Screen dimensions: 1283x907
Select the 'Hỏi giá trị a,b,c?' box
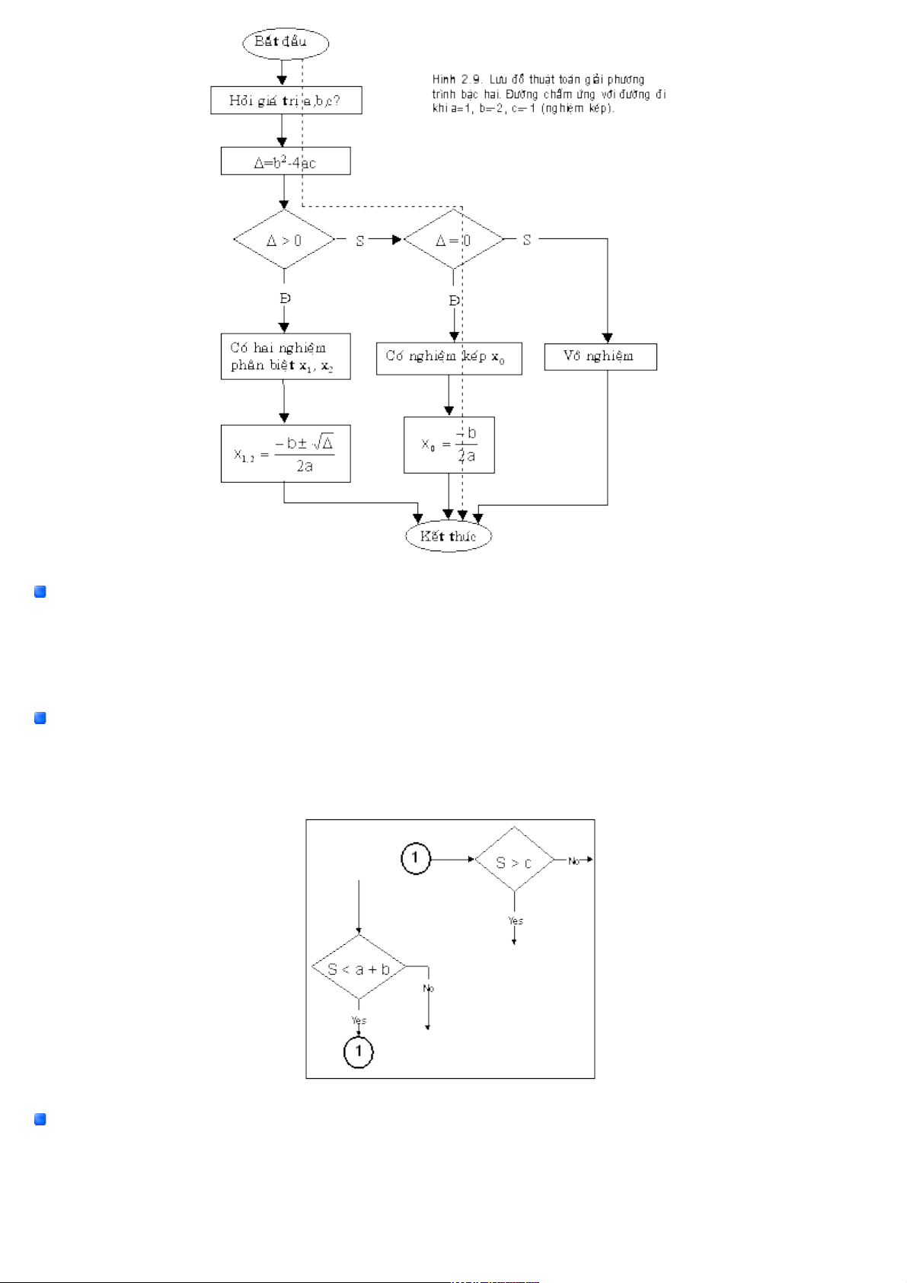tap(286, 101)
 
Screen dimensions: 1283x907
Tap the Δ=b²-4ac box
tap(286, 161)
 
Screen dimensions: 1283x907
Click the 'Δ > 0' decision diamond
tap(284, 240)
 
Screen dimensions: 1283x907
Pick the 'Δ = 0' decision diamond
tap(453, 240)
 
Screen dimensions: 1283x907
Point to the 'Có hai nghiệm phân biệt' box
tap(286, 356)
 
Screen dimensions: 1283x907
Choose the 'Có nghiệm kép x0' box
tap(449, 358)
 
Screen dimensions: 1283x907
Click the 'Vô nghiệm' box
tap(600, 356)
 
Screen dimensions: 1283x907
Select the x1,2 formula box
tap(286, 454)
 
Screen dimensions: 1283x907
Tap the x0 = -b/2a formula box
tap(449, 445)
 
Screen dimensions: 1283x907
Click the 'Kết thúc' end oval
tap(448, 536)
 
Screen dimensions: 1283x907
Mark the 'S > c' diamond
tap(514, 860)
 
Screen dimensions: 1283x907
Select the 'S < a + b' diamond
tap(358, 968)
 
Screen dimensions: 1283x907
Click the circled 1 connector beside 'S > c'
tap(416, 859)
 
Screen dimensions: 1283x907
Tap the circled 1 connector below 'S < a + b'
tap(359, 1052)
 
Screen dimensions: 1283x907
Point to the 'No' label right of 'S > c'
tap(574, 861)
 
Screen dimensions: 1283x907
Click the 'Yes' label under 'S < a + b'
tap(359, 1020)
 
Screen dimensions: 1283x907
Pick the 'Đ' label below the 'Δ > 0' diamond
tap(285, 298)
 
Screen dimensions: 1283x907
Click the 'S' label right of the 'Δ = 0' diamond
tap(526, 240)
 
